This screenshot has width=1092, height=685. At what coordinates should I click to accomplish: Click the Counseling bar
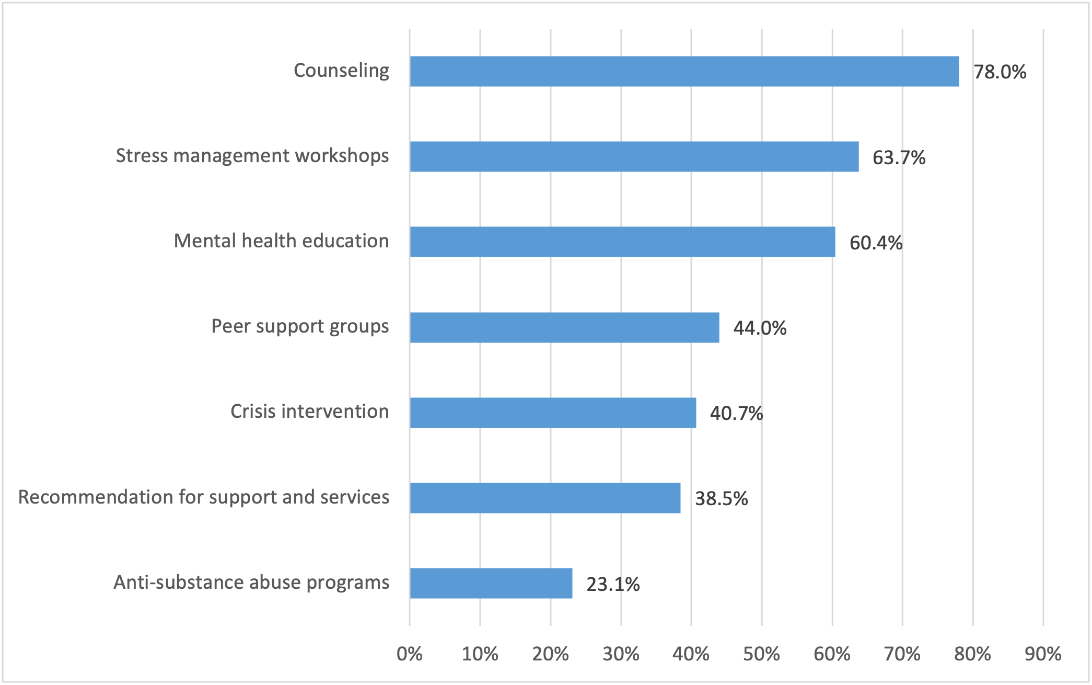click(x=684, y=71)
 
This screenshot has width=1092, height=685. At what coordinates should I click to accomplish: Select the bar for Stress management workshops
click(x=634, y=156)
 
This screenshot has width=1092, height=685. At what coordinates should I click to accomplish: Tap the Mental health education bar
click(x=622, y=242)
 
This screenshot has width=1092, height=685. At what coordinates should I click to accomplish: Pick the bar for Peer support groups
click(x=564, y=327)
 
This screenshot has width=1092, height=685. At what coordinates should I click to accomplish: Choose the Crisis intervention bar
click(x=553, y=413)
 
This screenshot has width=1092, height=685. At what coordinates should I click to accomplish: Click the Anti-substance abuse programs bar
click(x=491, y=583)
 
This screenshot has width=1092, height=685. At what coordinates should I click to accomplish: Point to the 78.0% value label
click(x=1000, y=72)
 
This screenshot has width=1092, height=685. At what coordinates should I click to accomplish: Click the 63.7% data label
click(x=899, y=157)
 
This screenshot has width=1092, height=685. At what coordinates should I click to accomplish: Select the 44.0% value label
click(x=760, y=328)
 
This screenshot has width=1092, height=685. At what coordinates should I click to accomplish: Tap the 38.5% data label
click(x=721, y=499)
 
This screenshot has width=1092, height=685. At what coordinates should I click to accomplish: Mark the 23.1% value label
click(x=613, y=584)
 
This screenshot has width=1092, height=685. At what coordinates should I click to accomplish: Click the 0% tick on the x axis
click(x=410, y=654)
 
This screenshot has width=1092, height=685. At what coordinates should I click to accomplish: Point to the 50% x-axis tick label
click(x=761, y=654)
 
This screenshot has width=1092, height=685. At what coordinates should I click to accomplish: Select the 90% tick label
click(x=1043, y=654)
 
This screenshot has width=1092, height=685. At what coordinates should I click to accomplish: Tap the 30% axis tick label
click(x=621, y=654)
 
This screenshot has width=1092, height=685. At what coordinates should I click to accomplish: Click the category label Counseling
click(x=341, y=71)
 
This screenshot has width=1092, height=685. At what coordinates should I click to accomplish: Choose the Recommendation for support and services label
click(x=204, y=497)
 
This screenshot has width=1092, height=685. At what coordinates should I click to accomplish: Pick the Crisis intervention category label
click(x=309, y=412)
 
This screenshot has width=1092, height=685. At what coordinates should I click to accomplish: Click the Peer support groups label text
click(x=300, y=326)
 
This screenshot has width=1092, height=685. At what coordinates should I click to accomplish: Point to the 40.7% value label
click(x=736, y=414)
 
